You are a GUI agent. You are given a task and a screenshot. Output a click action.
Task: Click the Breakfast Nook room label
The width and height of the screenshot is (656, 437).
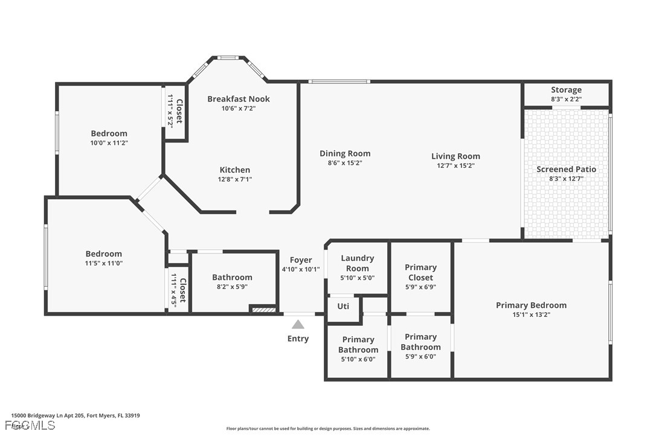(x=239, y=99)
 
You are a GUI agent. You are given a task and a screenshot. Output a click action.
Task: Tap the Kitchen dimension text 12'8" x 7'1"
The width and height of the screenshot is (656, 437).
(x=235, y=179)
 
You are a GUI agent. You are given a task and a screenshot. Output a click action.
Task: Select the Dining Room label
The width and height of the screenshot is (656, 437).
(x=345, y=153)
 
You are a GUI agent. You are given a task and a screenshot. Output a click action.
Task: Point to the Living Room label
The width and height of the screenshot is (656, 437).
(x=455, y=156)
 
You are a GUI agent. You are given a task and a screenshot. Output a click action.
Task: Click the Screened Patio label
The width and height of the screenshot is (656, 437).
(x=566, y=169)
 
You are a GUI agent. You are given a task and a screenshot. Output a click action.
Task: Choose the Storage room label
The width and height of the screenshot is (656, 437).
(x=566, y=90)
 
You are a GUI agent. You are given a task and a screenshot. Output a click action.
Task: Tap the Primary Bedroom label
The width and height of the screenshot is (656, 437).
(x=531, y=305)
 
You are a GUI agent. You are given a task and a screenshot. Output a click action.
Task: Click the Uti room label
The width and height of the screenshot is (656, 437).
(x=343, y=306)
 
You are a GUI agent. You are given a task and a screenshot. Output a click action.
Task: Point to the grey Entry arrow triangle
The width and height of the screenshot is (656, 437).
(x=298, y=325)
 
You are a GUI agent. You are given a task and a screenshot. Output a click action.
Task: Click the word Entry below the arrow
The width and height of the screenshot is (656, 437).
(x=298, y=339)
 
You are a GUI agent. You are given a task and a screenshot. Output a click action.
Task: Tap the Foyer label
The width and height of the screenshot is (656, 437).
(x=301, y=260)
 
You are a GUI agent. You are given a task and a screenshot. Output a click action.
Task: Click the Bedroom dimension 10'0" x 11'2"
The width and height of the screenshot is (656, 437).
(x=109, y=143)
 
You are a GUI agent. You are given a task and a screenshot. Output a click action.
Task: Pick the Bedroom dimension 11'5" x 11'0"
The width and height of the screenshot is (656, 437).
(x=104, y=263)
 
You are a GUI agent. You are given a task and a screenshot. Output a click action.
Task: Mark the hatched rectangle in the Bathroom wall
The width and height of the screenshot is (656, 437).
(x=263, y=310)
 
